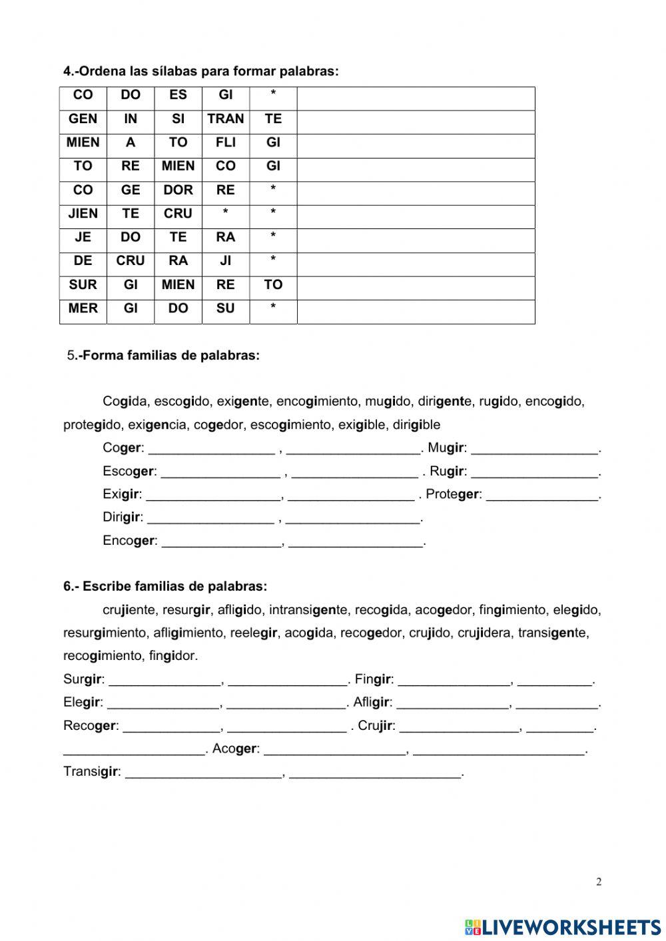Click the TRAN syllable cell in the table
tap(226, 119)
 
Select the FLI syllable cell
tap(226, 143)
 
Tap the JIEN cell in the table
tap(83, 214)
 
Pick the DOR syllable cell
tap(178, 190)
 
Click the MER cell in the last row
tap(83, 308)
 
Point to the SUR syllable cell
tap(83, 285)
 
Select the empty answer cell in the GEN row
tap(416, 122)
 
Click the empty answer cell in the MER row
tap(416, 312)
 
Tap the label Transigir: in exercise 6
tap(92, 772)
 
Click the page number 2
tap(599, 882)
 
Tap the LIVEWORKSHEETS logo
tap(563, 927)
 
